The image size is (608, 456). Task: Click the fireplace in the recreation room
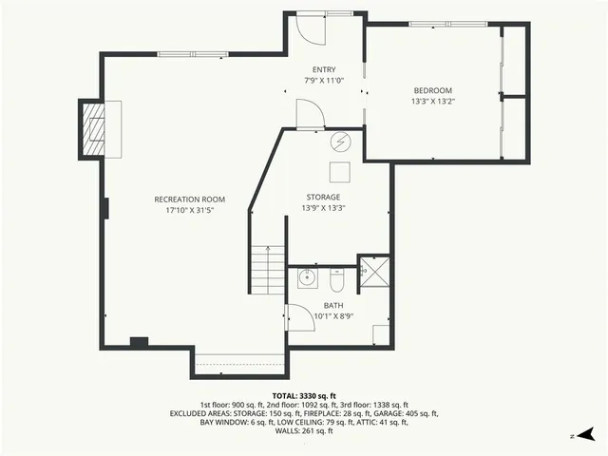pyautogui.click(x=96, y=129)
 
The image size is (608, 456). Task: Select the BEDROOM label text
pyautogui.click(x=432, y=90)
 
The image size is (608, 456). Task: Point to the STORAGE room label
pyautogui.click(x=323, y=197)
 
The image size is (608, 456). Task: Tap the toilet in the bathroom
pyautogui.click(x=337, y=280)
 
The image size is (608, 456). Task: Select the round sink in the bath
pyautogui.click(x=307, y=279)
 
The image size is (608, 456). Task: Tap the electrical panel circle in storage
pyautogui.click(x=340, y=142)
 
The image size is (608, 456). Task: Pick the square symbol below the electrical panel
pyautogui.click(x=339, y=172)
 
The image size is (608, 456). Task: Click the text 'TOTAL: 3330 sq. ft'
pyautogui.click(x=304, y=395)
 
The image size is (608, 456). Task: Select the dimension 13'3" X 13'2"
pyautogui.click(x=432, y=101)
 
